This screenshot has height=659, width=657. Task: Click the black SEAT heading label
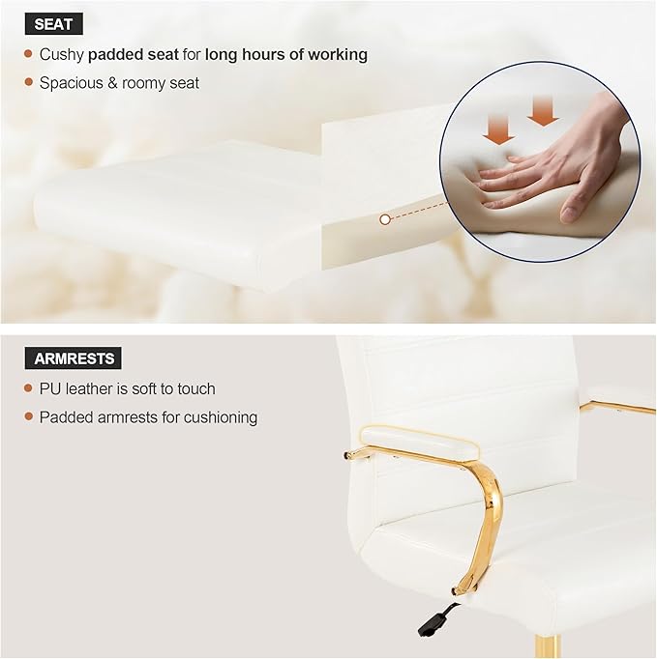click(x=54, y=24)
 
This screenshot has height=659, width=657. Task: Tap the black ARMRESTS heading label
click(x=75, y=358)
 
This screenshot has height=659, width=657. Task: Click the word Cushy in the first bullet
click(x=61, y=55)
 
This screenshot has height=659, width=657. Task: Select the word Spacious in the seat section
click(x=71, y=83)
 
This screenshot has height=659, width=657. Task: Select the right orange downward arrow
click(x=544, y=112)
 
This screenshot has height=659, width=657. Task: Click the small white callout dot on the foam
click(x=385, y=219)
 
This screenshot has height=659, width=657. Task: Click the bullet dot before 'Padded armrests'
click(x=29, y=417)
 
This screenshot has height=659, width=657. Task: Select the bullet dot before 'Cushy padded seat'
click(x=29, y=55)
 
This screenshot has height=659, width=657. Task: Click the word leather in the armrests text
click(x=90, y=388)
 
